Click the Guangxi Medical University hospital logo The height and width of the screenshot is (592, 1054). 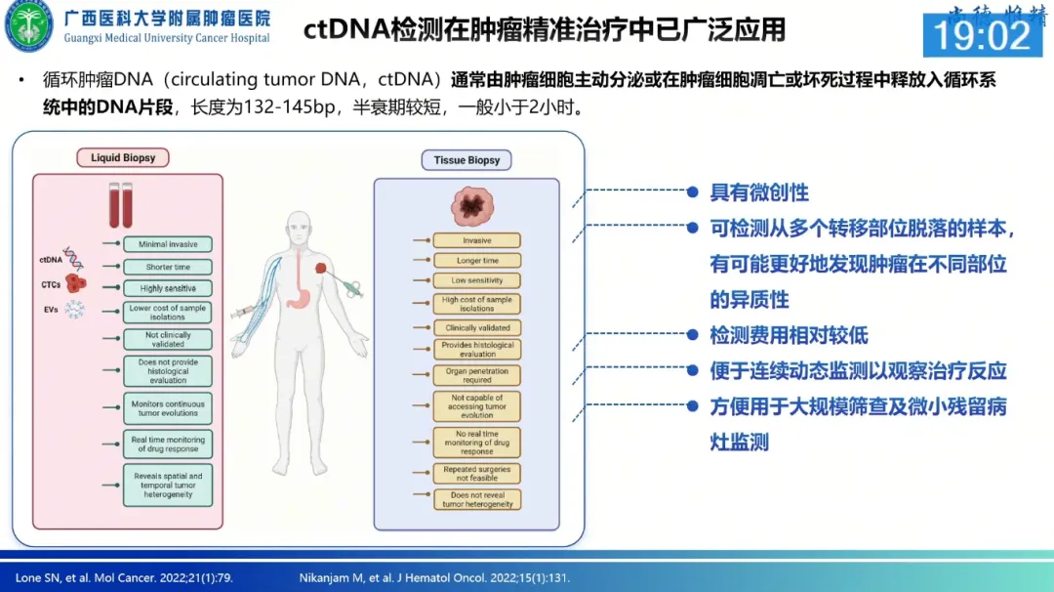[x=29, y=27]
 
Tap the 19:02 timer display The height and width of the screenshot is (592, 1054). [x=982, y=35]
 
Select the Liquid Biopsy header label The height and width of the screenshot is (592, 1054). [x=123, y=157]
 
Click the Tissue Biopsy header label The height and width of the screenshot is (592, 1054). [x=466, y=160]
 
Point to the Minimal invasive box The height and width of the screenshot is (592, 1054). [x=168, y=244]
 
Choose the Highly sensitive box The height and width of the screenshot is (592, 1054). [x=168, y=288]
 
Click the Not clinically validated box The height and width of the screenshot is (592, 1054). [x=168, y=339]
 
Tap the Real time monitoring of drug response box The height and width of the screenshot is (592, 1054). [x=168, y=444]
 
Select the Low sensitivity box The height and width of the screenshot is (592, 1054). [x=477, y=280]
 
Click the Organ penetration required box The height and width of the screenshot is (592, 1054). [x=477, y=375]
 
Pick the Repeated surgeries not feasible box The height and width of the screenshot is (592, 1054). [x=477, y=474]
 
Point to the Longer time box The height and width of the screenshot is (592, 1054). [x=477, y=261]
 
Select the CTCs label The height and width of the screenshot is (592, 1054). [x=51, y=284]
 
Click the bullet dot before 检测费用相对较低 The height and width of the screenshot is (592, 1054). [x=693, y=336]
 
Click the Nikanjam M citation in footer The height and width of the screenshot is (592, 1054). [x=434, y=578]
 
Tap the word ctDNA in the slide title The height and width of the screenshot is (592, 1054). [x=346, y=29]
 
